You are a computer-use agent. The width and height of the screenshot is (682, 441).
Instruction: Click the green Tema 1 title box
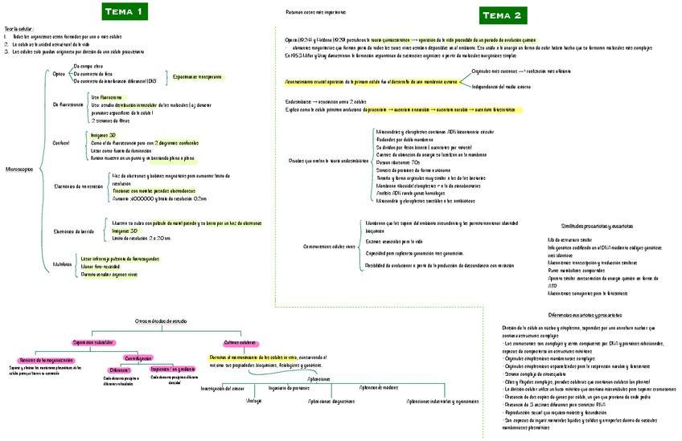tap(123, 11)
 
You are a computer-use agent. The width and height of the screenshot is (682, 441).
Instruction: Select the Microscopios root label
tap(19, 169)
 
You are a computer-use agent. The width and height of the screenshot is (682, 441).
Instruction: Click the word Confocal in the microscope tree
tap(61, 143)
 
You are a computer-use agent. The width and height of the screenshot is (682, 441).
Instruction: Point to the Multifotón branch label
tap(63, 263)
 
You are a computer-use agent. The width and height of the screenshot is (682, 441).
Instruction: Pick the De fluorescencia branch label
tap(67, 105)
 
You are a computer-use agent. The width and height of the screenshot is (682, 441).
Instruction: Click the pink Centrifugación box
tap(138, 357)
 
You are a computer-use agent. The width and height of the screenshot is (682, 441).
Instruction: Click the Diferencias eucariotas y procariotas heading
tap(583, 315)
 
